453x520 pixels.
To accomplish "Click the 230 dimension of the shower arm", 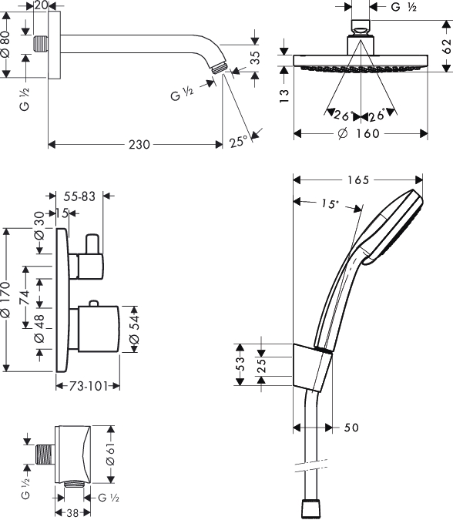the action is pos(139,145).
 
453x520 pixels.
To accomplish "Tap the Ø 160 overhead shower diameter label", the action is pos(358,133).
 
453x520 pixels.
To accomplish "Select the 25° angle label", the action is pos(238,142).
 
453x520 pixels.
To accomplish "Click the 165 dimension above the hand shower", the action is pos(358,180).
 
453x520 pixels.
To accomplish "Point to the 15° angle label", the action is pos(330,203).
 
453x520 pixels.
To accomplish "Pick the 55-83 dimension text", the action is pos(79,196).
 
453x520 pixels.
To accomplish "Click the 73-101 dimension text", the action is pos(89,386).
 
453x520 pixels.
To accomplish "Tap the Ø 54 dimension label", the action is pos(134,329).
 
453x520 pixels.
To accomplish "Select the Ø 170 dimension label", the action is pos(5,300).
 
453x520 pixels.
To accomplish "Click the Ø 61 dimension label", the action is pos(110,455).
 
